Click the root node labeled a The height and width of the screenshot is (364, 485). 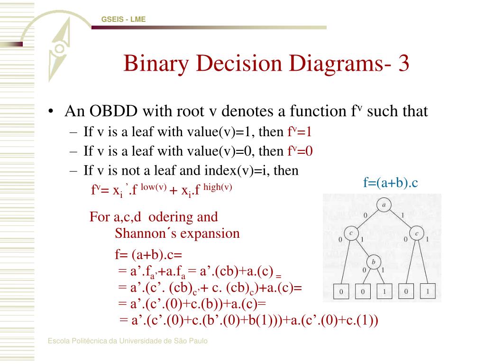pos(383,205)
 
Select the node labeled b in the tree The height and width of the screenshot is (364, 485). pos(373,261)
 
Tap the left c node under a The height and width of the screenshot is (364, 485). pos(350,233)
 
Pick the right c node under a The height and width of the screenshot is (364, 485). pos(417,233)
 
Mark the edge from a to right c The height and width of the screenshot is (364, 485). pos(401,220)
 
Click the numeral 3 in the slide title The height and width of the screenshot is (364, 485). pos(403,64)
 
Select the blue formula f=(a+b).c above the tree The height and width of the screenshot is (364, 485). pos(391,182)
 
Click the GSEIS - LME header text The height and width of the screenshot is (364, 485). pos(123,19)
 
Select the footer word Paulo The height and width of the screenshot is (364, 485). pos(199,341)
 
